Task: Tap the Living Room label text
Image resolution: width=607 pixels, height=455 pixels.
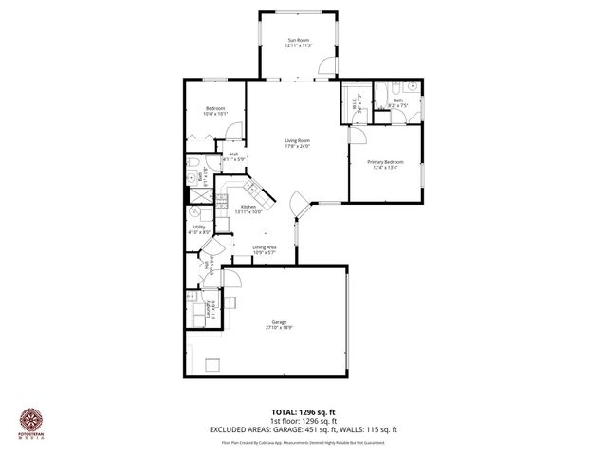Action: point(298,141)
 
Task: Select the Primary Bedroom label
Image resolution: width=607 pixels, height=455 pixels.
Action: point(385,162)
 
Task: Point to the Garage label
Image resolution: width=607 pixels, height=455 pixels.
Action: point(278,322)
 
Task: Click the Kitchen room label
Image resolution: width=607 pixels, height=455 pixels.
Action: point(248,207)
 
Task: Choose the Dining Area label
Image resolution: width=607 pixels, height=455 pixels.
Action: point(264,247)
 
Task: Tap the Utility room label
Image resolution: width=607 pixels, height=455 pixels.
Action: point(199,227)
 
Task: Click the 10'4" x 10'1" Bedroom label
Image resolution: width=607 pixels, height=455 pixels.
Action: point(214,109)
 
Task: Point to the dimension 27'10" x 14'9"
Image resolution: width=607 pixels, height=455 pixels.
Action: point(278,328)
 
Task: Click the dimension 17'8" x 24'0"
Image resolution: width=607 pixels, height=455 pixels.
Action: point(298,147)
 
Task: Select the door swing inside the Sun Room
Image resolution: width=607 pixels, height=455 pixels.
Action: point(325,66)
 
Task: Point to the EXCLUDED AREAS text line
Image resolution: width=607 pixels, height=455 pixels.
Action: point(303,429)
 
